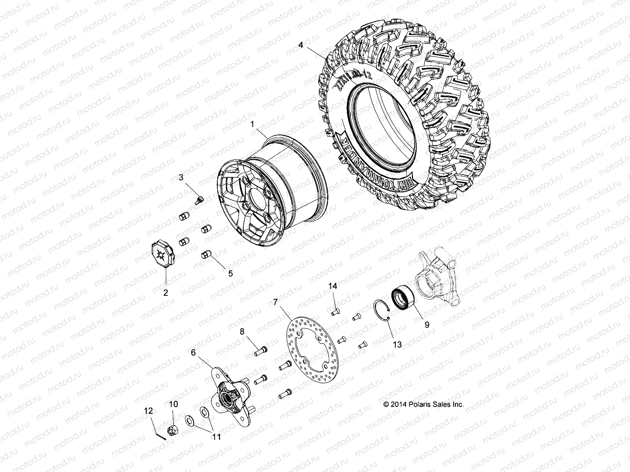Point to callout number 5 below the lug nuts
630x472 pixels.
[230, 273]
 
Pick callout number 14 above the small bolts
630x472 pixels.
[333, 286]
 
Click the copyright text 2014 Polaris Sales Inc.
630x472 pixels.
[423, 404]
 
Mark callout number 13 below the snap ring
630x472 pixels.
[397, 345]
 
